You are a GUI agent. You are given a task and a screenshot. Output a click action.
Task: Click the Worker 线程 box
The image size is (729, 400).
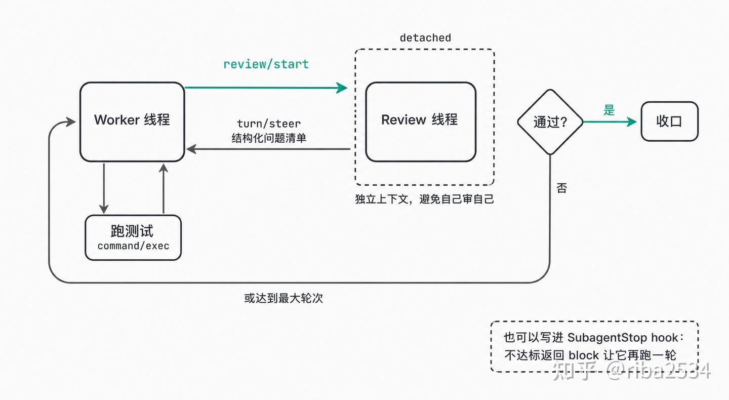[x=132, y=122]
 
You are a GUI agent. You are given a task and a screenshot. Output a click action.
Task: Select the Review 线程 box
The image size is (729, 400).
[x=421, y=122]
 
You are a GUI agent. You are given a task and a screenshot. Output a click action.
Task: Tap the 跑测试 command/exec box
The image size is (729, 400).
[x=133, y=237]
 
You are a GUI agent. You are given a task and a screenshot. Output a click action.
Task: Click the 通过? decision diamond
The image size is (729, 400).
[x=550, y=122]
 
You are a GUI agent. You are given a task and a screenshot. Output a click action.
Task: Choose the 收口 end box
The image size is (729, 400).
[x=669, y=122]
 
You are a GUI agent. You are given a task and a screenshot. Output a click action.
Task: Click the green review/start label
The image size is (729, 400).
[x=266, y=64]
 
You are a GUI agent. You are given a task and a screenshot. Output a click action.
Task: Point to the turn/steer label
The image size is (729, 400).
[x=269, y=124]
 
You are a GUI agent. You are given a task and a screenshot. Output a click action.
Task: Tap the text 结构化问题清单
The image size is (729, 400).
[x=269, y=138]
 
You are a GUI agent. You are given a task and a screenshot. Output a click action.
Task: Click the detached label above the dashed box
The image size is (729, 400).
[x=425, y=38]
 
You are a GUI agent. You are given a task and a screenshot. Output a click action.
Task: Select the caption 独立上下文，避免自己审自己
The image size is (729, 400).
[x=425, y=199]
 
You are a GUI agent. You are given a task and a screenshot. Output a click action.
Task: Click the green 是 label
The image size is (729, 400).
[x=609, y=110]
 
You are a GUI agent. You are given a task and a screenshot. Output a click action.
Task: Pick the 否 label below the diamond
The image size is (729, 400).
[x=562, y=188]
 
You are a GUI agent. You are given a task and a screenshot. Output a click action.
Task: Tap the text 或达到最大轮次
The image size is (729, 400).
[x=283, y=298]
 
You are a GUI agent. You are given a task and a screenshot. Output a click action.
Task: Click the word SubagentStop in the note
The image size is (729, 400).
[x=607, y=338]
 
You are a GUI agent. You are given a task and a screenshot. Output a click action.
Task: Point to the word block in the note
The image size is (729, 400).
[x=584, y=355]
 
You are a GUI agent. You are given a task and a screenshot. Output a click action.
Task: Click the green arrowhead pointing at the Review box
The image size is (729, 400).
[x=342, y=88]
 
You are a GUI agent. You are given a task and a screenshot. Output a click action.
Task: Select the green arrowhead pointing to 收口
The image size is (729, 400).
[x=632, y=122]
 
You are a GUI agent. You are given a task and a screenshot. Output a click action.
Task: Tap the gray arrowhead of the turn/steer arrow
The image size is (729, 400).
[x=191, y=149]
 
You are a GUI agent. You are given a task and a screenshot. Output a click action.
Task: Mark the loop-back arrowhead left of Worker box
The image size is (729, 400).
[x=71, y=122]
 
